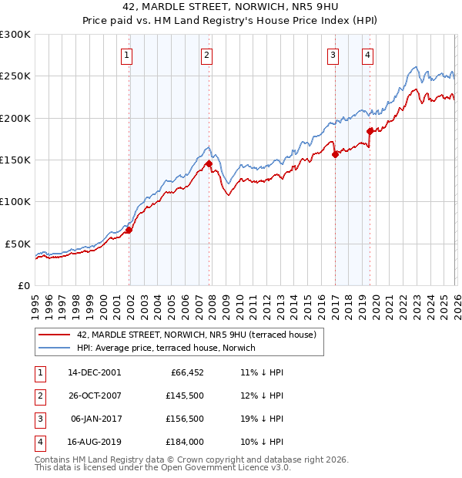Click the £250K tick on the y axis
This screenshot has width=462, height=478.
15,76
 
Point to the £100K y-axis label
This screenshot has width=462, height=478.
15,202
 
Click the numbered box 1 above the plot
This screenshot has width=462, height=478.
126,55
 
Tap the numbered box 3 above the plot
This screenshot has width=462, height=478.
333,55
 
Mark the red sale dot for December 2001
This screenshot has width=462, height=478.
129,230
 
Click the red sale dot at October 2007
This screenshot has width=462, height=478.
209,163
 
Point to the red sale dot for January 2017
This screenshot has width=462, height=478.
335,154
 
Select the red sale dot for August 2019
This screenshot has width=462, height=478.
370,131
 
